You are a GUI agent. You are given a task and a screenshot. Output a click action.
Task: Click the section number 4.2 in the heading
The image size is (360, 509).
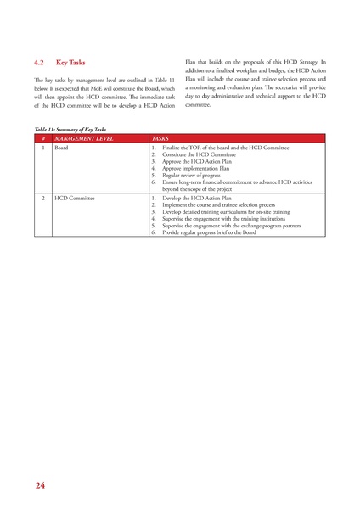[38, 63]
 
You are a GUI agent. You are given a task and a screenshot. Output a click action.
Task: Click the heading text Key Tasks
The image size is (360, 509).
[70, 63]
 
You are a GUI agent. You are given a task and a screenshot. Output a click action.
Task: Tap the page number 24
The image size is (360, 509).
[41, 485]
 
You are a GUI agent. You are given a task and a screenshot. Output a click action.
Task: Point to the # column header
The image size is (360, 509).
[42, 137]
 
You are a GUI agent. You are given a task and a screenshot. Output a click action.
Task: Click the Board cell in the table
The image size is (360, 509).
[61, 148]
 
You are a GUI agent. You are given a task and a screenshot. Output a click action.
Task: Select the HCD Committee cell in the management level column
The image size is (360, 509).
[74, 197]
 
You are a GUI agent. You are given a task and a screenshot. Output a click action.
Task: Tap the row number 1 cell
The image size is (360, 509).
[42, 148]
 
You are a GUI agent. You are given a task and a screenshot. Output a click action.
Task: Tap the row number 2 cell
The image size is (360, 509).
[42, 197]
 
